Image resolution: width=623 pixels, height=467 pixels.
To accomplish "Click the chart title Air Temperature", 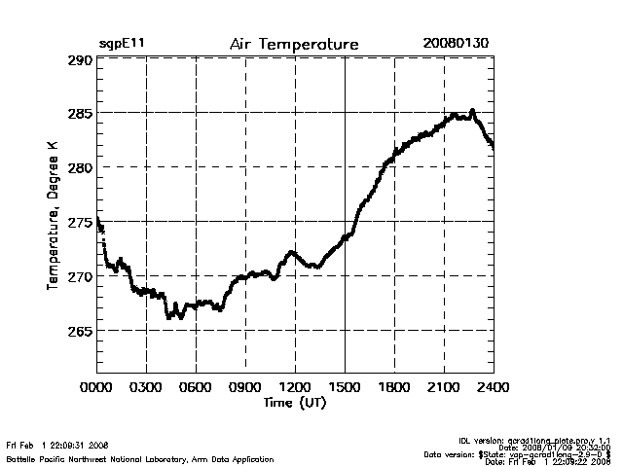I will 294,45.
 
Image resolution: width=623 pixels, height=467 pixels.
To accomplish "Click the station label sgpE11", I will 120,45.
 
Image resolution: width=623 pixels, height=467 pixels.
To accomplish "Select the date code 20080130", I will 456,45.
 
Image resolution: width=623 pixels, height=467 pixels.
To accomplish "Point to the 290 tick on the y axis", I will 80,60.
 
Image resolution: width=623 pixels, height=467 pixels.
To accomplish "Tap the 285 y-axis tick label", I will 80,114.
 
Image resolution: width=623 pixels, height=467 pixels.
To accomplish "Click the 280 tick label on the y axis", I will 80,168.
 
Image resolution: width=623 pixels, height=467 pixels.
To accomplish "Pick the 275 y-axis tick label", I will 80,223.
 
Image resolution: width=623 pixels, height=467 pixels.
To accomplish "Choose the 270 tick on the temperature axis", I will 80,277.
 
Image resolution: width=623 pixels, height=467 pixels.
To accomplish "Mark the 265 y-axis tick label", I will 80,332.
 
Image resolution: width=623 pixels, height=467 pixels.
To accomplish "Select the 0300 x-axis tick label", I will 146,387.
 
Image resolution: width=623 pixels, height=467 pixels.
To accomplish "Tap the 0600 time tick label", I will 196,387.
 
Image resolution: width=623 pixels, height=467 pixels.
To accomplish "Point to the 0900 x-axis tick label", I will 245,387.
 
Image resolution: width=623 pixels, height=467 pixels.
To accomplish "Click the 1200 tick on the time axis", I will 295,387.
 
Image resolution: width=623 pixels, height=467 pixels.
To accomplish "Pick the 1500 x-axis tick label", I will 345,387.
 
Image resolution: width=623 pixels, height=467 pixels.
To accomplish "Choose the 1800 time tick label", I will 394,387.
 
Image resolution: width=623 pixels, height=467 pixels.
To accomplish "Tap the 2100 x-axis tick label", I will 444,387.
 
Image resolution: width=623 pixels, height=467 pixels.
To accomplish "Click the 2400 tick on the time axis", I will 493,387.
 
